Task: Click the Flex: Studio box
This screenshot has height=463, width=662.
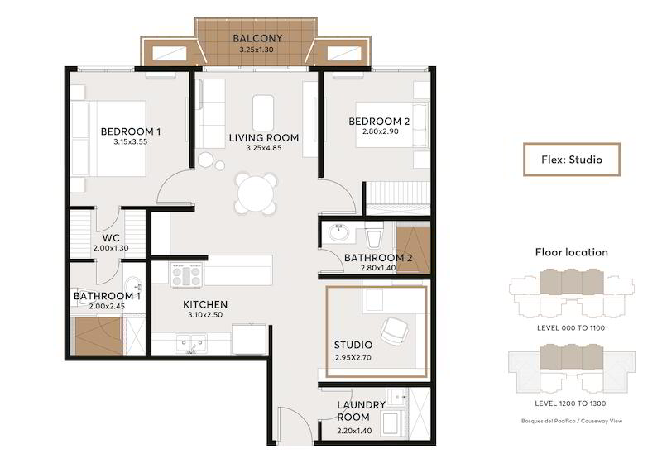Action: [572, 160]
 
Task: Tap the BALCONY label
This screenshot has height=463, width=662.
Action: [257, 38]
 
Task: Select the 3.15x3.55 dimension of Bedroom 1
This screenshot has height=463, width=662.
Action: [131, 142]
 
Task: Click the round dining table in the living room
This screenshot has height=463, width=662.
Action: [256, 194]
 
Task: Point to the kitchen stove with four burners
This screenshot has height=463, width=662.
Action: [187, 275]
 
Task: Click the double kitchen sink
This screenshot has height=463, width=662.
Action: [191, 343]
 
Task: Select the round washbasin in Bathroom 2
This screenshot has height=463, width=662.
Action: [338, 232]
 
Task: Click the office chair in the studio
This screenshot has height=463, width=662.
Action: [395, 330]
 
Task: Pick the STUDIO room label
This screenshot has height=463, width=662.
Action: [353, 345]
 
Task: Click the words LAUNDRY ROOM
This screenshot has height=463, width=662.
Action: [361, 411]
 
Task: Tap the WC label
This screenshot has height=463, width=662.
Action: [111, 238]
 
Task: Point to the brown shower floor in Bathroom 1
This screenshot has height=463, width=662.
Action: [98, 336]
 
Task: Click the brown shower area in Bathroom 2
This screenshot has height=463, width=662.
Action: [413, 250]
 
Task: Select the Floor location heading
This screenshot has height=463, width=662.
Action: [572, 252]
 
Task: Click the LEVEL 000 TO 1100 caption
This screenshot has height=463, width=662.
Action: [571, 328]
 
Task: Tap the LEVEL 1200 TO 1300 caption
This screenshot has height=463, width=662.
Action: [570, 403]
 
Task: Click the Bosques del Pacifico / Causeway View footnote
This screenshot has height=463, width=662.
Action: [572, 421]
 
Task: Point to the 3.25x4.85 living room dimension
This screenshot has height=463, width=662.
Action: [264, 148]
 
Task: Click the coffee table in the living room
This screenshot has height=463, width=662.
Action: [263, 113]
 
